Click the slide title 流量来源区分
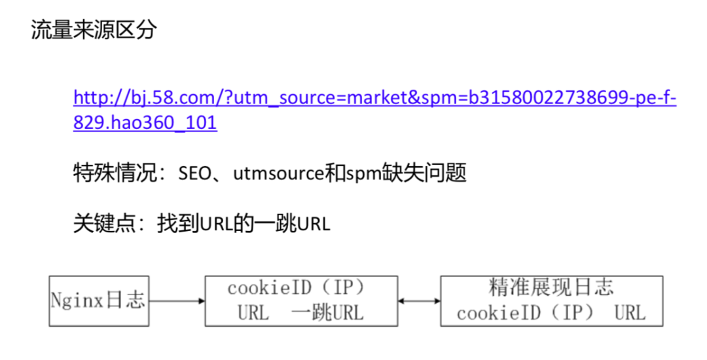tap(94, 30)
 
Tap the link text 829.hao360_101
tap(145, 123)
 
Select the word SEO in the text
tap(194, 174)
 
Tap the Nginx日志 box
tap(98, 301)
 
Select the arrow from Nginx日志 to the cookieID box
tap(176, 301)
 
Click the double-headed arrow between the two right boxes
tap(419, 301)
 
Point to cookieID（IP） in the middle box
tap(300, 289)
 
